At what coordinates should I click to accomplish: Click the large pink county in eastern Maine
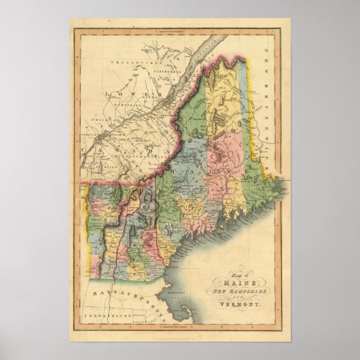[228, 156]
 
